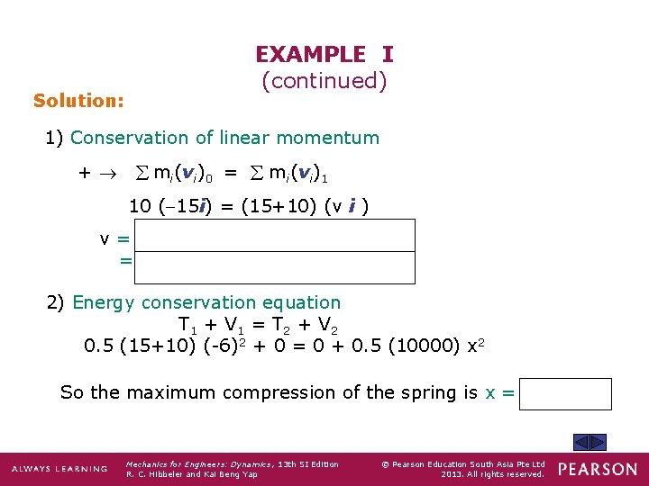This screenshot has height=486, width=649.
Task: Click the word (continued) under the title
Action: tap(324, 81)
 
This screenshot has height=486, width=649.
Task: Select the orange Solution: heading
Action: tap(78, 101)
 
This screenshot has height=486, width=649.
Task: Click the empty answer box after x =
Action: tap(565, 393)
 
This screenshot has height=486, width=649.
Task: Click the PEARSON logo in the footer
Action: tap(597, 469)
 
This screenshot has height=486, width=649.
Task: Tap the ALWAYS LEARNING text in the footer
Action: tap(59, 470)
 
